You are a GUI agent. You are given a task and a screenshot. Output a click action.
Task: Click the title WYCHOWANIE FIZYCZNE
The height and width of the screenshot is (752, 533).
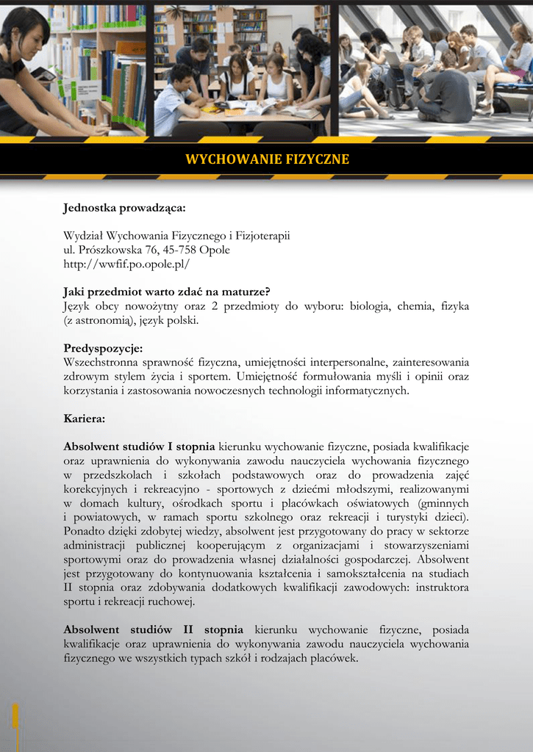coord(267,159)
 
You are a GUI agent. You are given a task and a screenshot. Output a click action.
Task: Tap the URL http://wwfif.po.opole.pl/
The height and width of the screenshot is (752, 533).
coord(126,263)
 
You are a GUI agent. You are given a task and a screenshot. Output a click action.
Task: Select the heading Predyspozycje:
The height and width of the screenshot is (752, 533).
coord(103,348)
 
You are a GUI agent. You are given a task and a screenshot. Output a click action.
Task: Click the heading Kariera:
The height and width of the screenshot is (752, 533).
coord(85,419)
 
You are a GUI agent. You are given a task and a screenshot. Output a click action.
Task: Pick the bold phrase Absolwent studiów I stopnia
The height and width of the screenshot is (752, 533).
coord(139,446)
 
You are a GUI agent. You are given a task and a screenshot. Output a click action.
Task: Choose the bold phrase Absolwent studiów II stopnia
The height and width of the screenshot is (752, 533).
coord(153,630)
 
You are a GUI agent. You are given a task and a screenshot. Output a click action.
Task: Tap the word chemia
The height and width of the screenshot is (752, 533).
coord(418,305)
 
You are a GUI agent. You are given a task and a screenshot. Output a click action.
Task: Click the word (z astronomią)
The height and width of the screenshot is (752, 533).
coord(96,320)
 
